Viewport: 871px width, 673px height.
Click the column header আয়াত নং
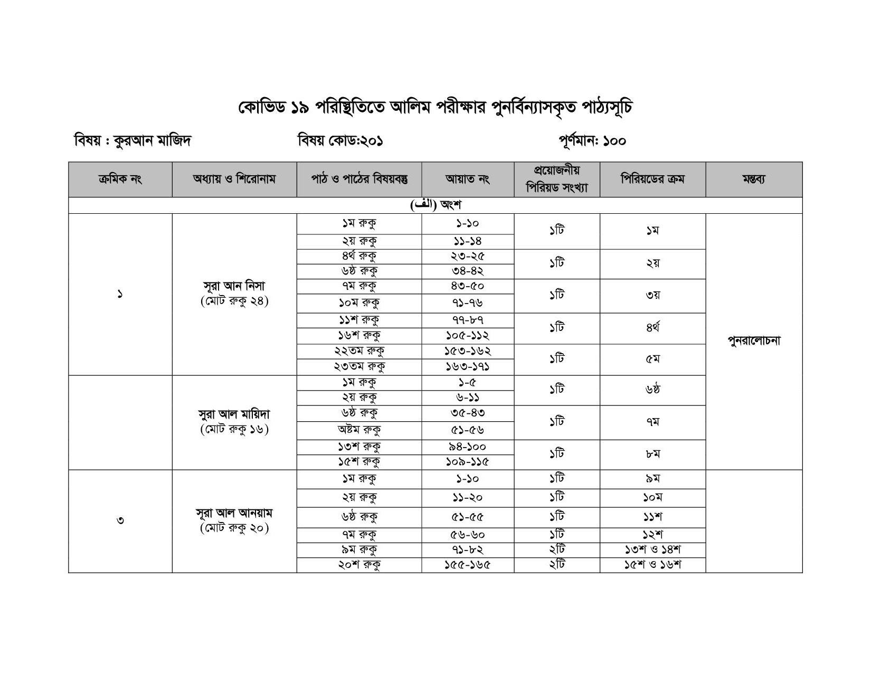coord(468,179)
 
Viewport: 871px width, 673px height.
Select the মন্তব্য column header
coord(754,179)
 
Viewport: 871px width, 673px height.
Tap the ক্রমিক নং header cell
coord(120,179)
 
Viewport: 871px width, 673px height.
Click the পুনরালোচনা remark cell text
coord(754,341)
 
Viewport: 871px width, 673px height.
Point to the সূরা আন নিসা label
coord(234,287)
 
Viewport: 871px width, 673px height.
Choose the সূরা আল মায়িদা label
coord(234,414)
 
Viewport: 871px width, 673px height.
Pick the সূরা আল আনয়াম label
coord(234,513)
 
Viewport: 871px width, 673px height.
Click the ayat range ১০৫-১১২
coord(468,336)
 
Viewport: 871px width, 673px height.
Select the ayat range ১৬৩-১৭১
coord(468,367)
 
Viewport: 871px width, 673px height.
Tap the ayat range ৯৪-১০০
coord(468,447)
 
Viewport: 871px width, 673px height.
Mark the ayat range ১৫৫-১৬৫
coord(468,565)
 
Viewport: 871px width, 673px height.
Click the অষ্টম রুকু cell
coord(359,430)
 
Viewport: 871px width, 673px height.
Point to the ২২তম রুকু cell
coord(359,351)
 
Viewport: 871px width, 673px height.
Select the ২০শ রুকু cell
coord(359,565)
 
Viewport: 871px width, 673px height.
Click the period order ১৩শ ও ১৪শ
coord(652,550)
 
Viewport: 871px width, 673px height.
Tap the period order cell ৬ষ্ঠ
coord(652,390)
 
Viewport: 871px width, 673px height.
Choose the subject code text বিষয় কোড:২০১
coord(340,141)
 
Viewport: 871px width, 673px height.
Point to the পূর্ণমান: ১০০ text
coord(592,141)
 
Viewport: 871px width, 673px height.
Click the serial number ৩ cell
coord(120,521)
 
